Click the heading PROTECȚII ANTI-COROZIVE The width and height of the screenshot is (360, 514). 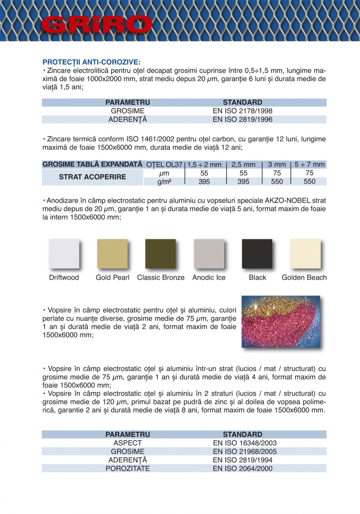coord(91,62)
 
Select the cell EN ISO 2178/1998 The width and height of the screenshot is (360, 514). coord(242,111)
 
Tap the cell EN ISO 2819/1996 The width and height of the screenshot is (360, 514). coord(242,120)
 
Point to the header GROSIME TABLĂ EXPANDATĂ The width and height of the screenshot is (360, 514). coord(92,164)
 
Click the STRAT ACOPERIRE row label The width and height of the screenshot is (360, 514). coord(92,177)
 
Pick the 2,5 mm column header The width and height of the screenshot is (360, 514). coord(243,164)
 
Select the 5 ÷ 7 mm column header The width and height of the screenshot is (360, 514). coord(309,164)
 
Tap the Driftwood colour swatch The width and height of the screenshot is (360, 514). coord(64,254)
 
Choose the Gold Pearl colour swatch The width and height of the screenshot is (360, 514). coord(112,254)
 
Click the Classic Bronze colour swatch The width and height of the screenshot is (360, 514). coord(160,254)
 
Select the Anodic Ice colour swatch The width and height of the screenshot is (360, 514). coord(209,254)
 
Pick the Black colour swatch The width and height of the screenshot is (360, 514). coord(257,254)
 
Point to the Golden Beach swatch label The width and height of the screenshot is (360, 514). coord(304,278)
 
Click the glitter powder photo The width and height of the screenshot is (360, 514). coord(281,321)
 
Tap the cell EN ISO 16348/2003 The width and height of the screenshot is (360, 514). coord(245,443)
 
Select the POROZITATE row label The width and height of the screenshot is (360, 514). coord(128,469)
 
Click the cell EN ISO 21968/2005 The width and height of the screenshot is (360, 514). coord(245,452)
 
